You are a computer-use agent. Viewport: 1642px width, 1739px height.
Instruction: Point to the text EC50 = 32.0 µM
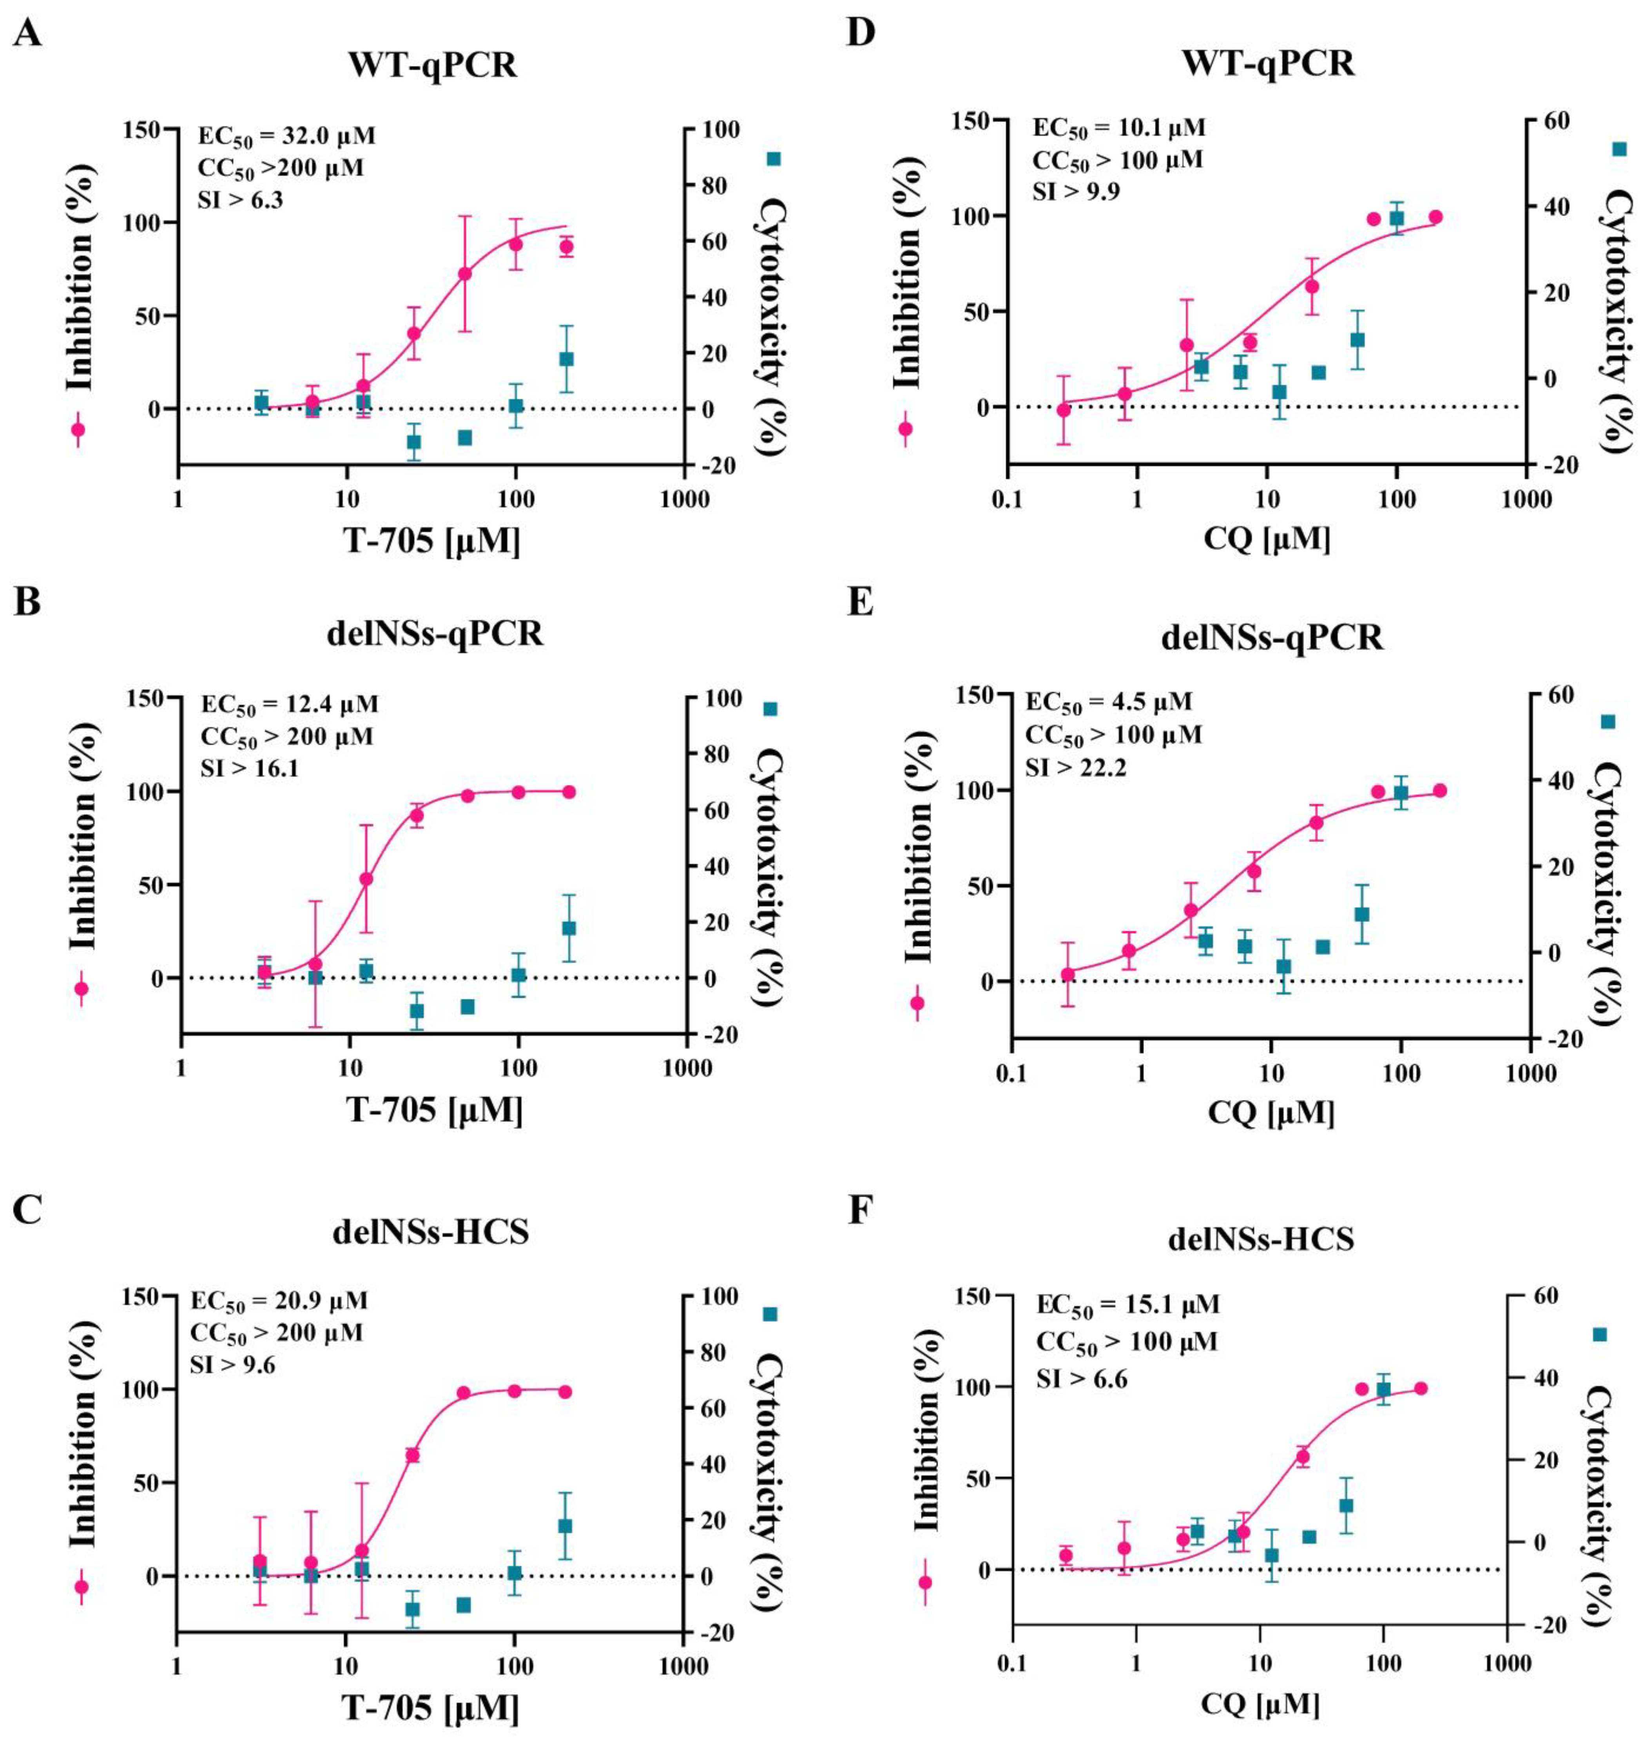click(x=286, y=136)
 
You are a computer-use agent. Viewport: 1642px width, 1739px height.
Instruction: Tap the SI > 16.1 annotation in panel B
click(x=250, y=769)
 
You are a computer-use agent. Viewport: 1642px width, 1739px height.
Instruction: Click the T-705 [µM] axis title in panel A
click(x=431, y=542)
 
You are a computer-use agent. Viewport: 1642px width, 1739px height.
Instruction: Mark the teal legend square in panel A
click(x=774, y=158)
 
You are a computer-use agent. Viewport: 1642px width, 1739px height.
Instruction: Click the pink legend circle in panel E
click(x=917, y=1003)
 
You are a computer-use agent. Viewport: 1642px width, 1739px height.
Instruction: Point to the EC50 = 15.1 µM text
click(x=1127, y=1305)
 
